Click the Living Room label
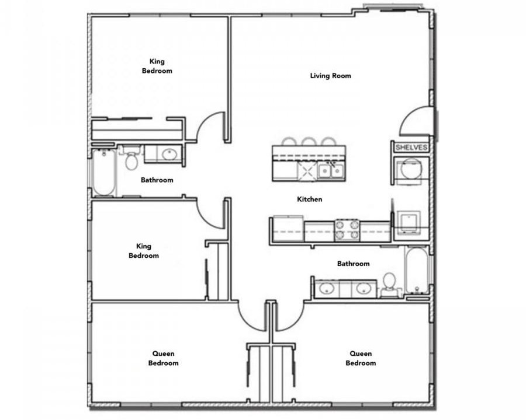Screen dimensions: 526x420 tap(330, 76)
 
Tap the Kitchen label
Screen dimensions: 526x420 tap(309, 199)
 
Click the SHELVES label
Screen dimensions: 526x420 tap(411, 148)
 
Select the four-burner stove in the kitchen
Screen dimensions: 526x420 tap(347, 230)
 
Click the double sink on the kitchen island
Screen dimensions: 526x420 tap(330, 171)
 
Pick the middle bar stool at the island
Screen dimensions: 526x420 tap(308, 142)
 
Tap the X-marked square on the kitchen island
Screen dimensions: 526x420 tap(307, 171)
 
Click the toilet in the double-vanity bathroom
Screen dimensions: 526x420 tap(390, 285)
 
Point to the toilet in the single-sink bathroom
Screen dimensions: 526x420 tap(131, 157)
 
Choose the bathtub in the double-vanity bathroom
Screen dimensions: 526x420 tap(416, 269)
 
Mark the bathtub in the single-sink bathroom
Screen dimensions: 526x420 tap(103, 173)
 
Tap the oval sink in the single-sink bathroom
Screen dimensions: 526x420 tap(169, 155)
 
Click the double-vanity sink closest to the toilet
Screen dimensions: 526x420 tap(363, 288)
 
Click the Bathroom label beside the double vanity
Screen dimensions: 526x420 tap(353, 264)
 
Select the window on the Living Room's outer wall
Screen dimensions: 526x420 tap(393, 8)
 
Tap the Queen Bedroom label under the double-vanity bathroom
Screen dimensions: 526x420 tap(361, 358)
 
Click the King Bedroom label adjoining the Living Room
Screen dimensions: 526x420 tap(157, 66)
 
